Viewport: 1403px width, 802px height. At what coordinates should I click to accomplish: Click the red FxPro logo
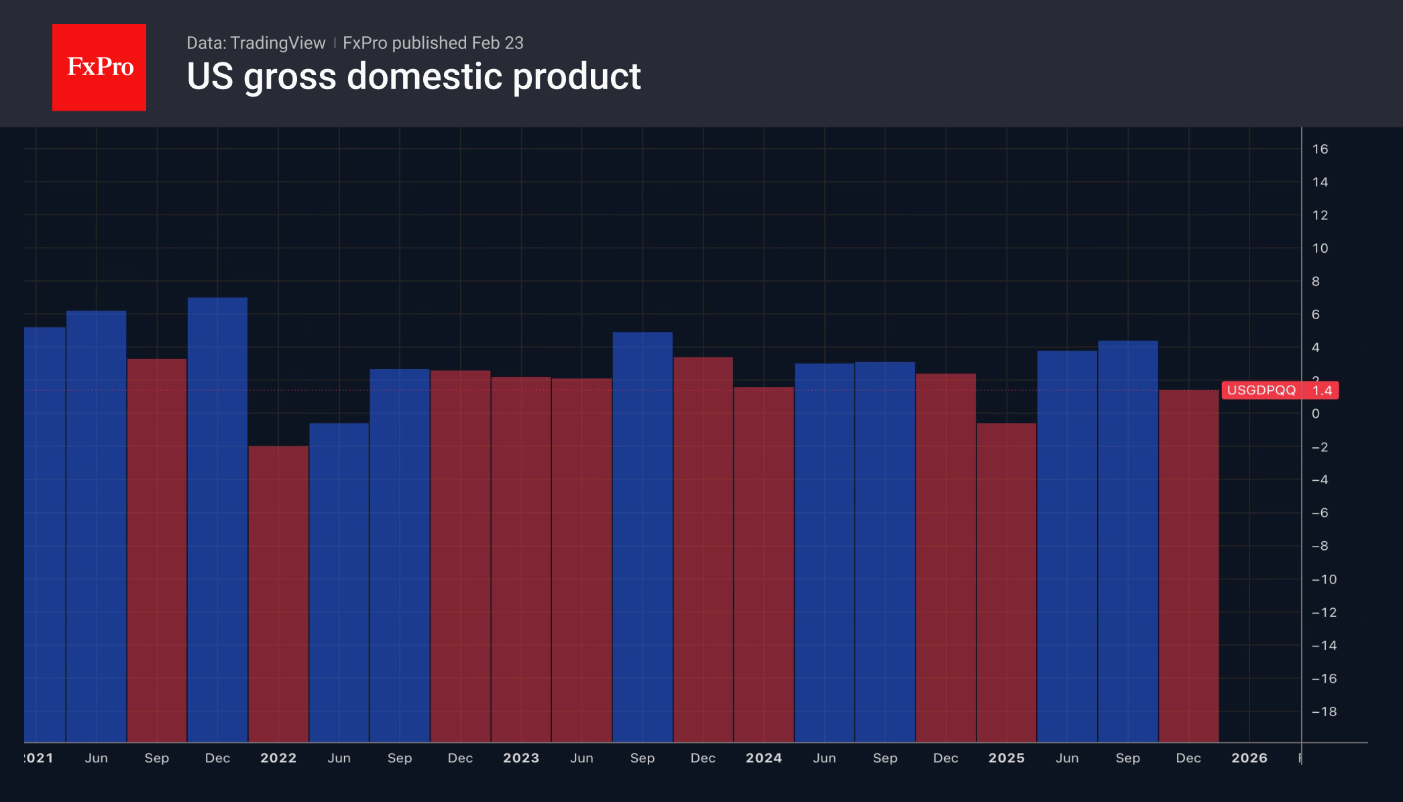point(99,67)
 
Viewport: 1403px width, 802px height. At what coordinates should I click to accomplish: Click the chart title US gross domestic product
point(413,76)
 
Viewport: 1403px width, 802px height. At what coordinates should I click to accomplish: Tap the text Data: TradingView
point(256,43)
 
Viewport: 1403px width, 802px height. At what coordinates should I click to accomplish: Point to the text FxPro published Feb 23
point(433,43)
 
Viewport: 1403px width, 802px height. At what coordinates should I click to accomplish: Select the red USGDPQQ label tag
point(1261,390)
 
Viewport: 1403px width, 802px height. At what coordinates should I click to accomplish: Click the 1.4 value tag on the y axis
point(1322,390)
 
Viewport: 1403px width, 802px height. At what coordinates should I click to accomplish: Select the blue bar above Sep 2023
point(642,536)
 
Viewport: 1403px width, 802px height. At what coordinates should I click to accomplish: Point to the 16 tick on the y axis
point(1320,149)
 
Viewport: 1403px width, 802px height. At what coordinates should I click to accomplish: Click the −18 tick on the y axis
point(1324,711)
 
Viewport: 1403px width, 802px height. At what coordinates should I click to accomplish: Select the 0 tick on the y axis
point(1316,414)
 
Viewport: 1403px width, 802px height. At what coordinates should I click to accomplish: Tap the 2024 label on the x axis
point(764,758)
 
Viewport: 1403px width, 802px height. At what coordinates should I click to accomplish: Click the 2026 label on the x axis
point(1249,758)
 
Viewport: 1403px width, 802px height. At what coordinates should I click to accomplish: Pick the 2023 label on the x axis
point(521,758)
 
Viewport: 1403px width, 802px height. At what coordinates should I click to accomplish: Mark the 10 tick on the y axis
point(1320,248)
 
